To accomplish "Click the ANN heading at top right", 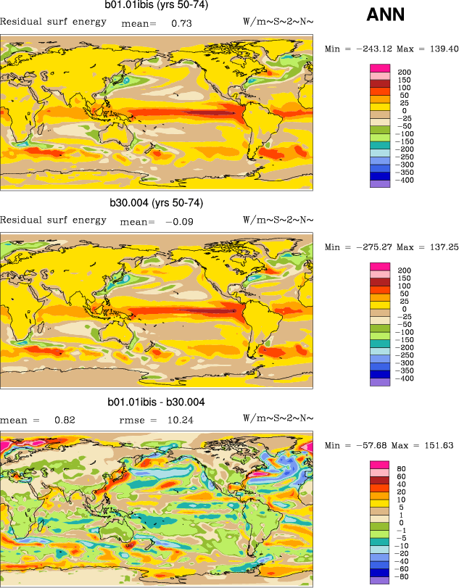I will [x=385, y=15].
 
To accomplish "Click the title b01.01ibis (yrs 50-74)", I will [x=156, y=7].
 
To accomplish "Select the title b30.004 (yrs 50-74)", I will [x=156, y=203].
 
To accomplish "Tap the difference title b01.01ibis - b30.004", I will [x=156, y=402].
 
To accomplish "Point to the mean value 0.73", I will [x=181, y=23].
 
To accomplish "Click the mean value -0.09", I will [x=180, y=221].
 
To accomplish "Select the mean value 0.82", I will [x=65, y=420].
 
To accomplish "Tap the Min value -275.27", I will [x=371, y=247].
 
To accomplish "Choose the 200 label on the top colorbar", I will [x=404, y=70].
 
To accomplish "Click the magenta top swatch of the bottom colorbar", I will [x=380, y=465].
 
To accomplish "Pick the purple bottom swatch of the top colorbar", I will [x=380, y=183].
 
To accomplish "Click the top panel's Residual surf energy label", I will [x=53, y=22].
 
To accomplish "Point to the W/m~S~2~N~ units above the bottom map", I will [x=278, y=419].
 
